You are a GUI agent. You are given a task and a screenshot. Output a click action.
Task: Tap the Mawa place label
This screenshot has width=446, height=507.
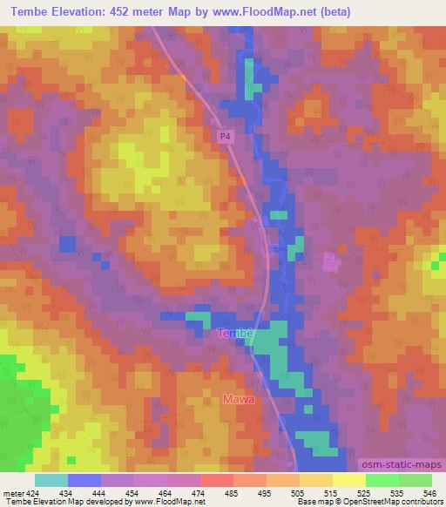(x=239, y=400)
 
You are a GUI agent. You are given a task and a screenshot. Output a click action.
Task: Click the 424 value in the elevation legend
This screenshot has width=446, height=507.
(x=32, y=492)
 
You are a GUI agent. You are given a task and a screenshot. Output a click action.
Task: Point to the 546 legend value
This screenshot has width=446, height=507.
(x=430, y=492)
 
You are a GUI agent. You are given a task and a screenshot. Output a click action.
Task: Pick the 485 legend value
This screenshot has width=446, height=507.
(x=231, y=492)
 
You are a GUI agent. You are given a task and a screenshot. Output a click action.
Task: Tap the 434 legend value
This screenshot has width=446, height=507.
(x=65, y=492)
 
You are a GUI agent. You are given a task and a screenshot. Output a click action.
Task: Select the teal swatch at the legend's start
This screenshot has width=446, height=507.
(x=51, y=479)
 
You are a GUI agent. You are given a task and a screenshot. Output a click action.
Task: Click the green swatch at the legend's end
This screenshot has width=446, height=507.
(x=415, y=479)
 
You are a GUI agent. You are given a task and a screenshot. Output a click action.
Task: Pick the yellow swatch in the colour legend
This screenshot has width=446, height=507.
(x=348, y=479)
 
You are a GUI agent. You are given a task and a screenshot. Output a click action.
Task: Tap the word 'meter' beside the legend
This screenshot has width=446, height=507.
(x=12, y=492)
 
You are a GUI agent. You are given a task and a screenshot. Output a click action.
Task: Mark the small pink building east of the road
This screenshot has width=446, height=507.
(x=330, y=261)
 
